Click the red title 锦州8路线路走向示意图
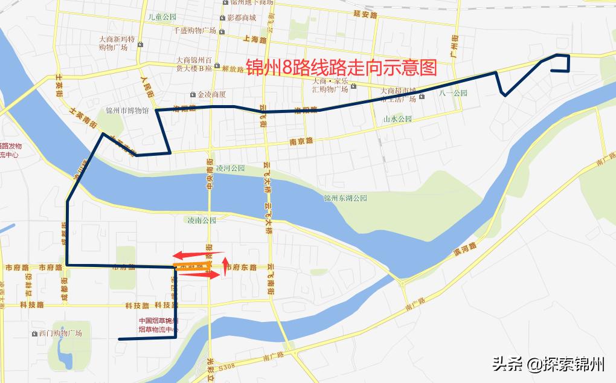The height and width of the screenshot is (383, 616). click(x=341, y=66)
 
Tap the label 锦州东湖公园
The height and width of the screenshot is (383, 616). click(x=345, y=198)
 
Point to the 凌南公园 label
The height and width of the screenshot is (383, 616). click(x=202, y=220)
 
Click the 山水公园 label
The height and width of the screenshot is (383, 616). click(x=397, y=119)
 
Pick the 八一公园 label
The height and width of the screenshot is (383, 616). click(x=454, y=93)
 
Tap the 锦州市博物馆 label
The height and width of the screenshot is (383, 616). click(x=127, y=111)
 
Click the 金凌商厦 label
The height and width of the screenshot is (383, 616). click(x=211, y=94)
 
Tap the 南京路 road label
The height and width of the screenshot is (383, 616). click(x=301, y=141)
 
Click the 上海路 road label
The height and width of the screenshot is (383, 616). click(x=254, y=39)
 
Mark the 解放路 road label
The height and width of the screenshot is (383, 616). click(x=233, y=68)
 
